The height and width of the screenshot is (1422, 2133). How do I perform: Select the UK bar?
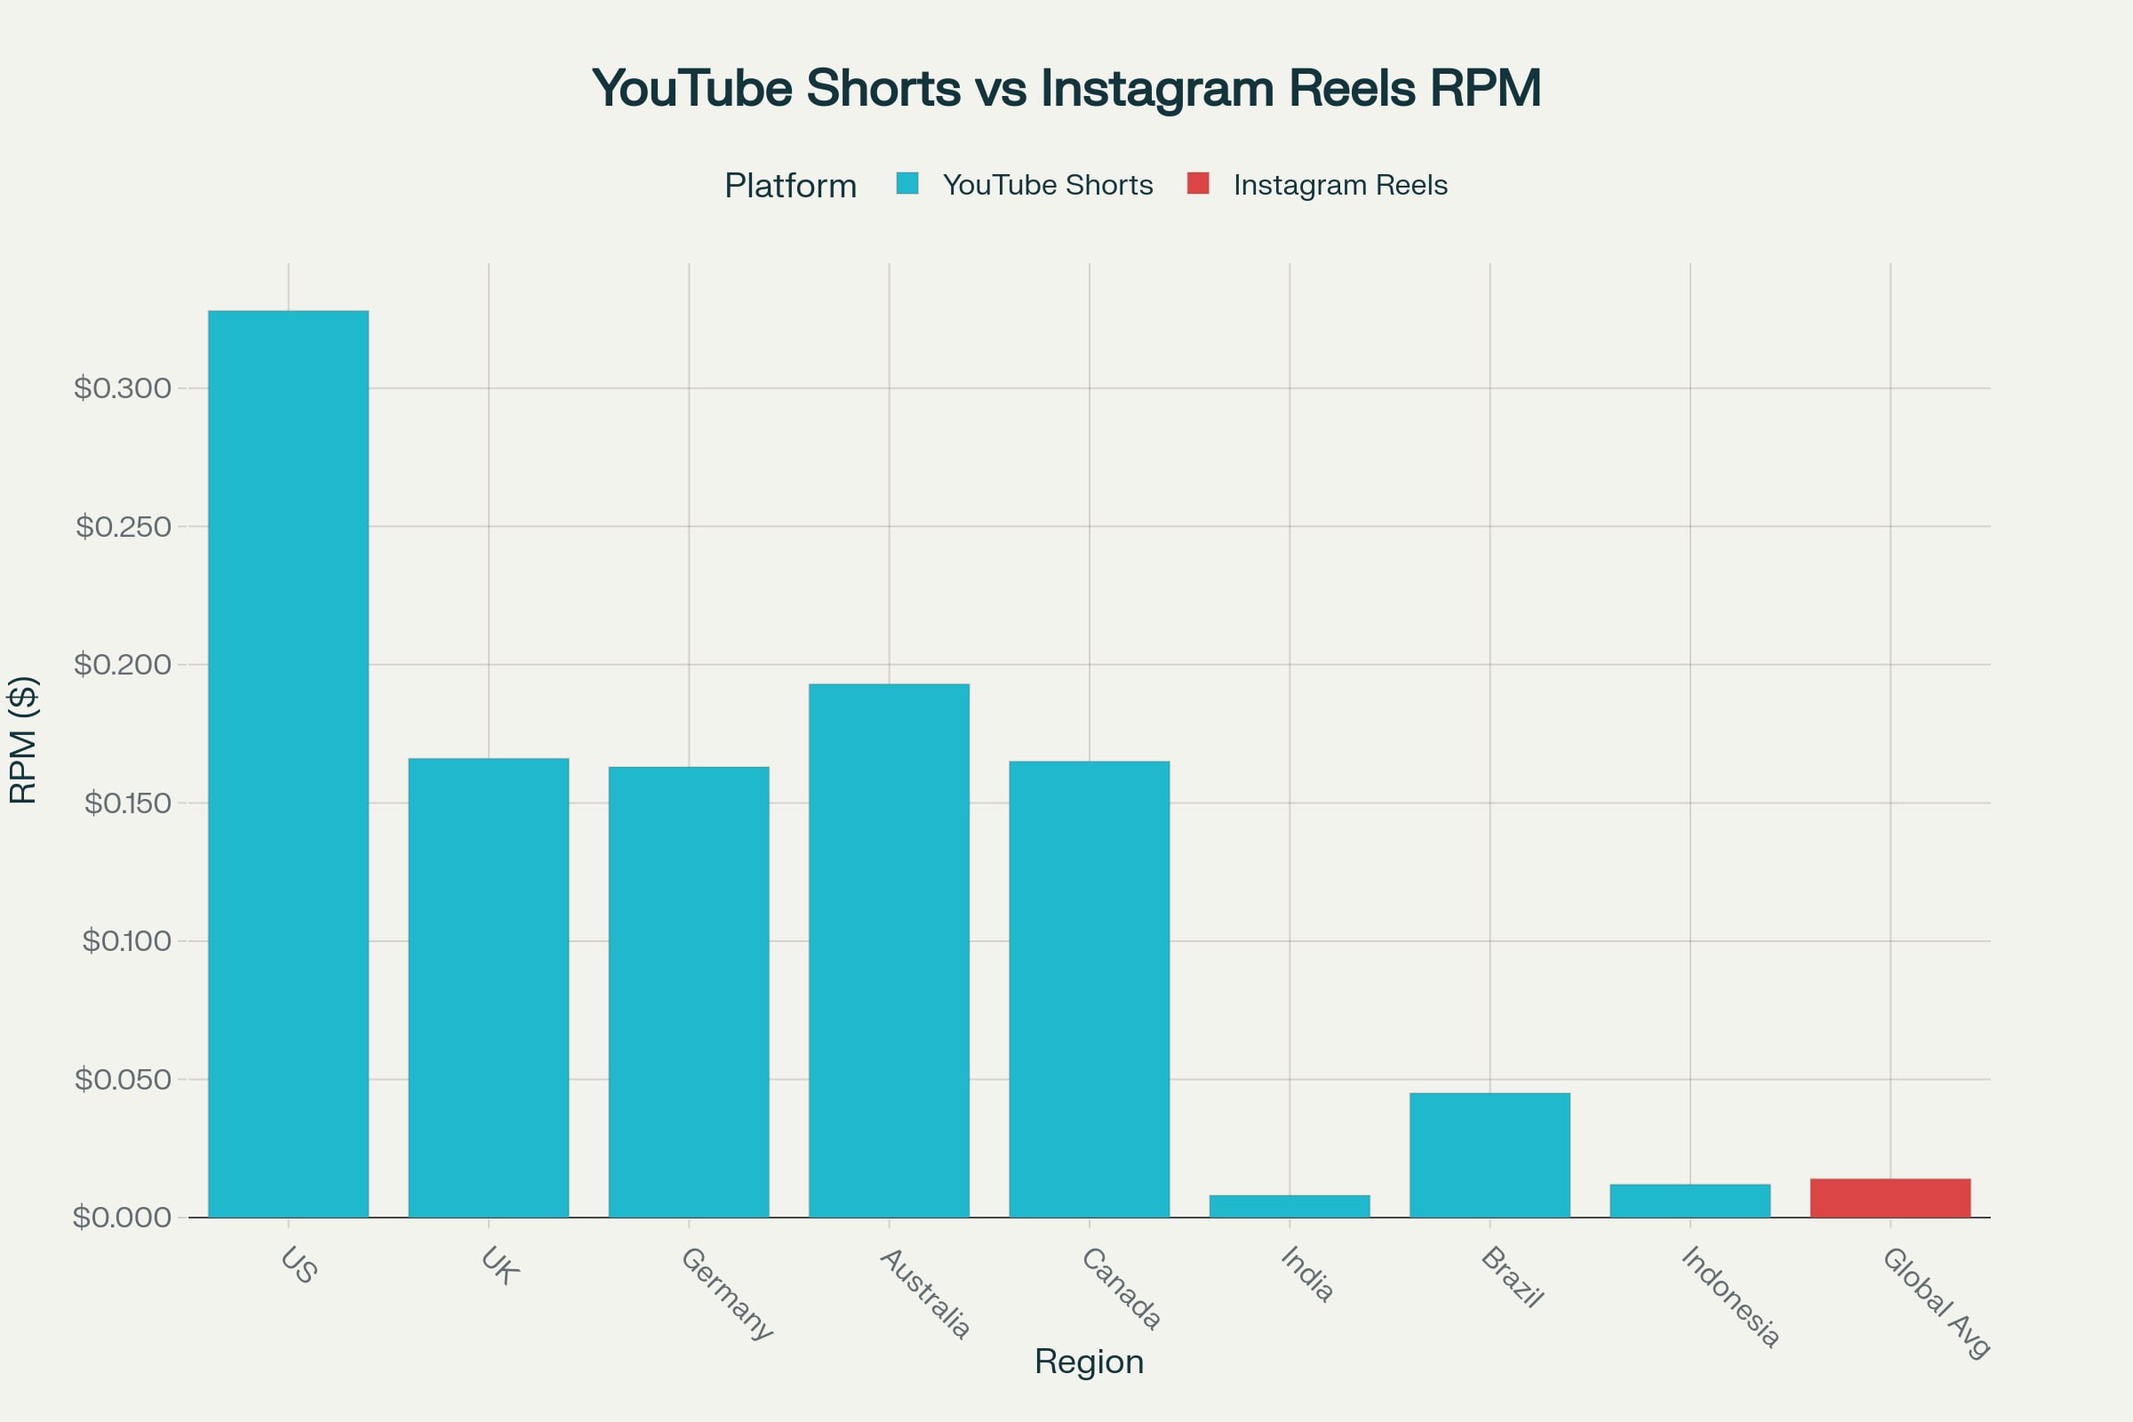pos(488,987)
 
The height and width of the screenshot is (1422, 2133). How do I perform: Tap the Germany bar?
pos(688,992)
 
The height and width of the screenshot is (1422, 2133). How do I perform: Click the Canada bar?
pos(1090,989)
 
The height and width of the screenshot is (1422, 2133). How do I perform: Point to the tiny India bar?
pos(1289,1206)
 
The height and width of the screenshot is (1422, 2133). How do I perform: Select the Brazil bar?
pos(1490,1155)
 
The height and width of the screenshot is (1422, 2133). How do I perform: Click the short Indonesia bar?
pos(1690,1201)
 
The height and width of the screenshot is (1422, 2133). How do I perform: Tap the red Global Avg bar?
pos(1890,1198)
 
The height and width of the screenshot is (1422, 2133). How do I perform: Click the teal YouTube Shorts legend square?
pos(907,183)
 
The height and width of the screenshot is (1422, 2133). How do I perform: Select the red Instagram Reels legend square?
pos(1198,183)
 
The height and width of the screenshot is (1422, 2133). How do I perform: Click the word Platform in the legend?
pos(790,186)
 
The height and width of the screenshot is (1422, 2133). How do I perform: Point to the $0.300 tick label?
pos(123,388)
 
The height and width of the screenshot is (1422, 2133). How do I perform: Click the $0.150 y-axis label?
pos(127,803)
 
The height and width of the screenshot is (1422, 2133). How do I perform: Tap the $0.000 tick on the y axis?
pos(123,1217)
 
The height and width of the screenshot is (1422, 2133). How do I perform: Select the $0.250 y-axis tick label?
pos(124,527)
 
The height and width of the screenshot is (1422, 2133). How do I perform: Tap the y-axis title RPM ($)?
pos(23,740)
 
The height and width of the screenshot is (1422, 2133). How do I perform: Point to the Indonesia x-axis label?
pos(1730,1297)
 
